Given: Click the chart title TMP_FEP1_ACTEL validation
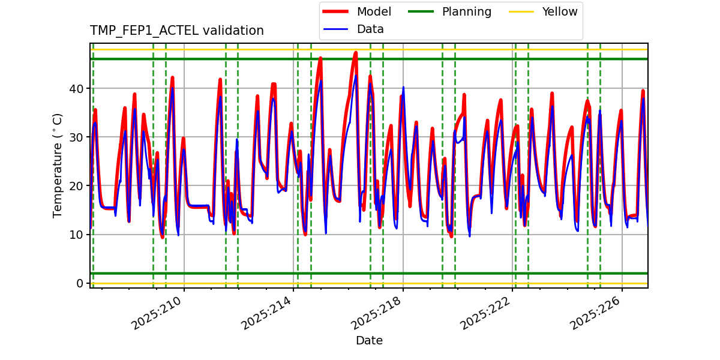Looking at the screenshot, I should pyautogui.click(x=176, y=31).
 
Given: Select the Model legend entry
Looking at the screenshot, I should pyautogui.click(x=374, y=12).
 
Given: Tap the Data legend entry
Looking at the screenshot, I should pyautogui.click(x=370, y=29).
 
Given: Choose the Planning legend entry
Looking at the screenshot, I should pyautogui.click(x=466, y=12).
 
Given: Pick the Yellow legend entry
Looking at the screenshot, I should pyautogui.click(x=559, y=12).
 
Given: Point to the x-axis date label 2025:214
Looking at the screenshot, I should pyautogui.click(x=268, y=313).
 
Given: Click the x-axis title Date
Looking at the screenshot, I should pyautogui.click(x=369, y=341).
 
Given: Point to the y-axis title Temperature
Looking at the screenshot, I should pyautogui.click(x=58, y=165).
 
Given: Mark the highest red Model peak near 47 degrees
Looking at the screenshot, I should pyautogui.click(x=356, y=53).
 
